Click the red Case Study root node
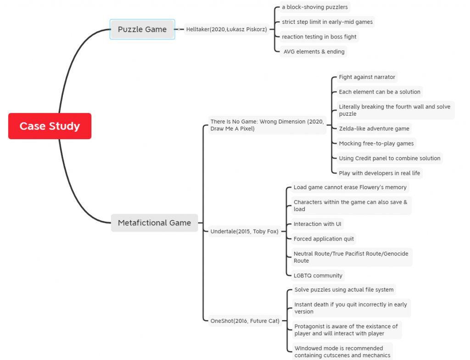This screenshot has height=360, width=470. pos(50,126)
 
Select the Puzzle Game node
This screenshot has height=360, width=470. pos(142,29)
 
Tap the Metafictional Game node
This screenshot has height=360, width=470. pos(154,223)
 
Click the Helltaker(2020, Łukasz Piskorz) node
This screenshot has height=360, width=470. pos(227,29)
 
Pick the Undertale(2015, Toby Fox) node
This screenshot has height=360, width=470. pos(244,231)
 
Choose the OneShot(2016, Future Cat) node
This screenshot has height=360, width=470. pos(245,321)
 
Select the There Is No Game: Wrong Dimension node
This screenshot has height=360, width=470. pos(267,125)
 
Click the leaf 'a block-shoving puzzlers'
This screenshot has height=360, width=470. pos(315,7)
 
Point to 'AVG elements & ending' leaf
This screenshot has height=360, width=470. pos(313,51)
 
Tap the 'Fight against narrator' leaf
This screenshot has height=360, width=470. pos(367,77)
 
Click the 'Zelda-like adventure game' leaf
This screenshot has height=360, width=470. pos(374,129)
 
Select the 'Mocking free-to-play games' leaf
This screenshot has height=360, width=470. pos(376,143)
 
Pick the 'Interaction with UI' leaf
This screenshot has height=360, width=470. pos(318,224)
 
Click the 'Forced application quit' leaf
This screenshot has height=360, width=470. pos(324,239)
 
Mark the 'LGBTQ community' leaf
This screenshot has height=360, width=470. pos(318,276)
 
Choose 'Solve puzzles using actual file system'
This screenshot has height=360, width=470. pos(344,290)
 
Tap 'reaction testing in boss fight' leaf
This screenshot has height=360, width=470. pos(319,37)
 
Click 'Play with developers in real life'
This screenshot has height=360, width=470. pos(380,173)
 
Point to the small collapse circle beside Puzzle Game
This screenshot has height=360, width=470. pos(179,29)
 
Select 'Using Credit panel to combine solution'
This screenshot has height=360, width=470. pos(390,158)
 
